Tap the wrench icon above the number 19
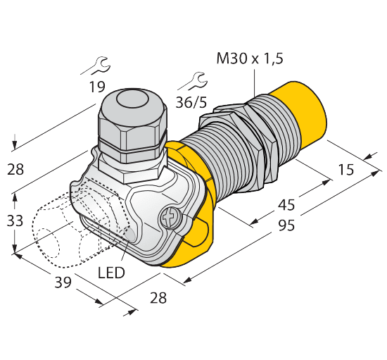pyautogui.click(x=96, y=68)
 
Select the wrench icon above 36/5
pyautogui.click(x=190, y=82)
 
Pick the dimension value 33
pyautogui.click(x=15, y=221)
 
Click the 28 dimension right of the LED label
pyautogui.click(x=158, y=298)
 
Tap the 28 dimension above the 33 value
pyautogui.click(x=15, y=168)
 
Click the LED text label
pyautogui.click(x=112, y=272)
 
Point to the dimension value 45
pyautogui.click(x=304, y=206)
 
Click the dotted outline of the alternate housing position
pyautogui.click(x=53, y=225)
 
